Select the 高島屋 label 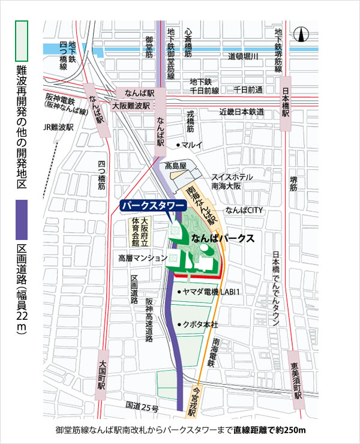tap(177, 166)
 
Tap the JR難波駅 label tap(58, 128)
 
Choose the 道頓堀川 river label tap(243, 56)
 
